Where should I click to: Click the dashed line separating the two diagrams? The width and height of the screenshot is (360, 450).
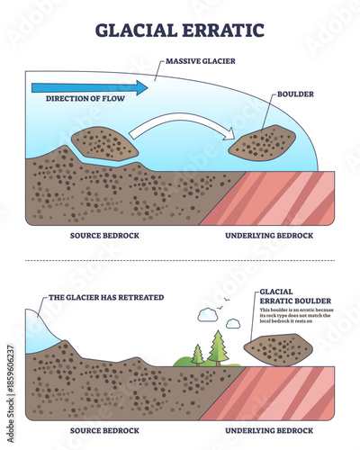pyautogui.click(x=180, y=261)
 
